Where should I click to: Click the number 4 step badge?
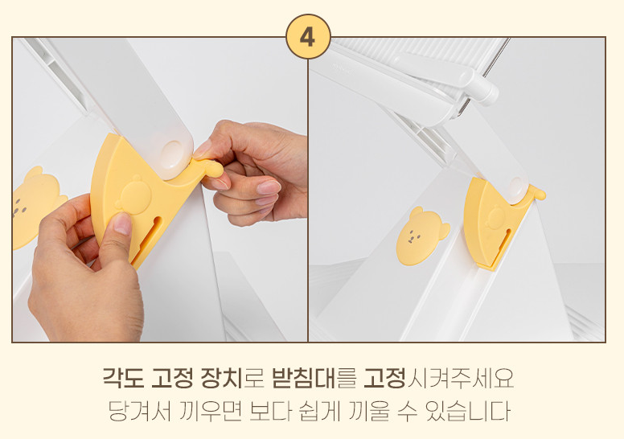click(x=308, y=37)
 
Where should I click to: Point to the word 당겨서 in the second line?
click(x=139, y=411)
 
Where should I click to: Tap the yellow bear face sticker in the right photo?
click(x=422, y=236)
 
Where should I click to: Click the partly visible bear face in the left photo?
click(x=36, y=207)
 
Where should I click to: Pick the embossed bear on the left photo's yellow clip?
click(x=133, y=194)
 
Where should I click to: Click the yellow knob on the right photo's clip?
click(x=538, y=194)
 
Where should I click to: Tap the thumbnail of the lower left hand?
click(x=122, y=224)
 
